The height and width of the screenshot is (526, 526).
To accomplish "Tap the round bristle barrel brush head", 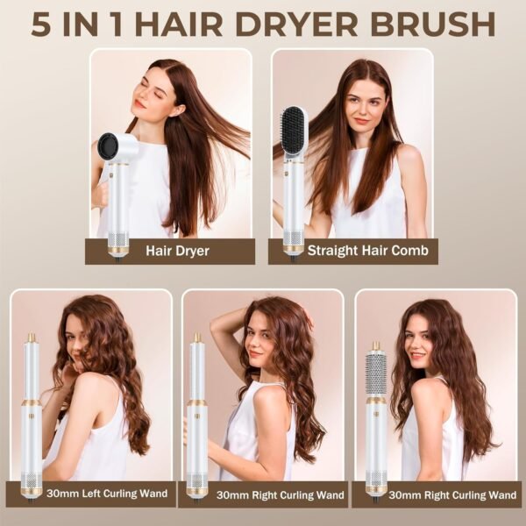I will point(376,377).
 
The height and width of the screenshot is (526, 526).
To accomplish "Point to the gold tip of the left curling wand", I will point(32,338).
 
